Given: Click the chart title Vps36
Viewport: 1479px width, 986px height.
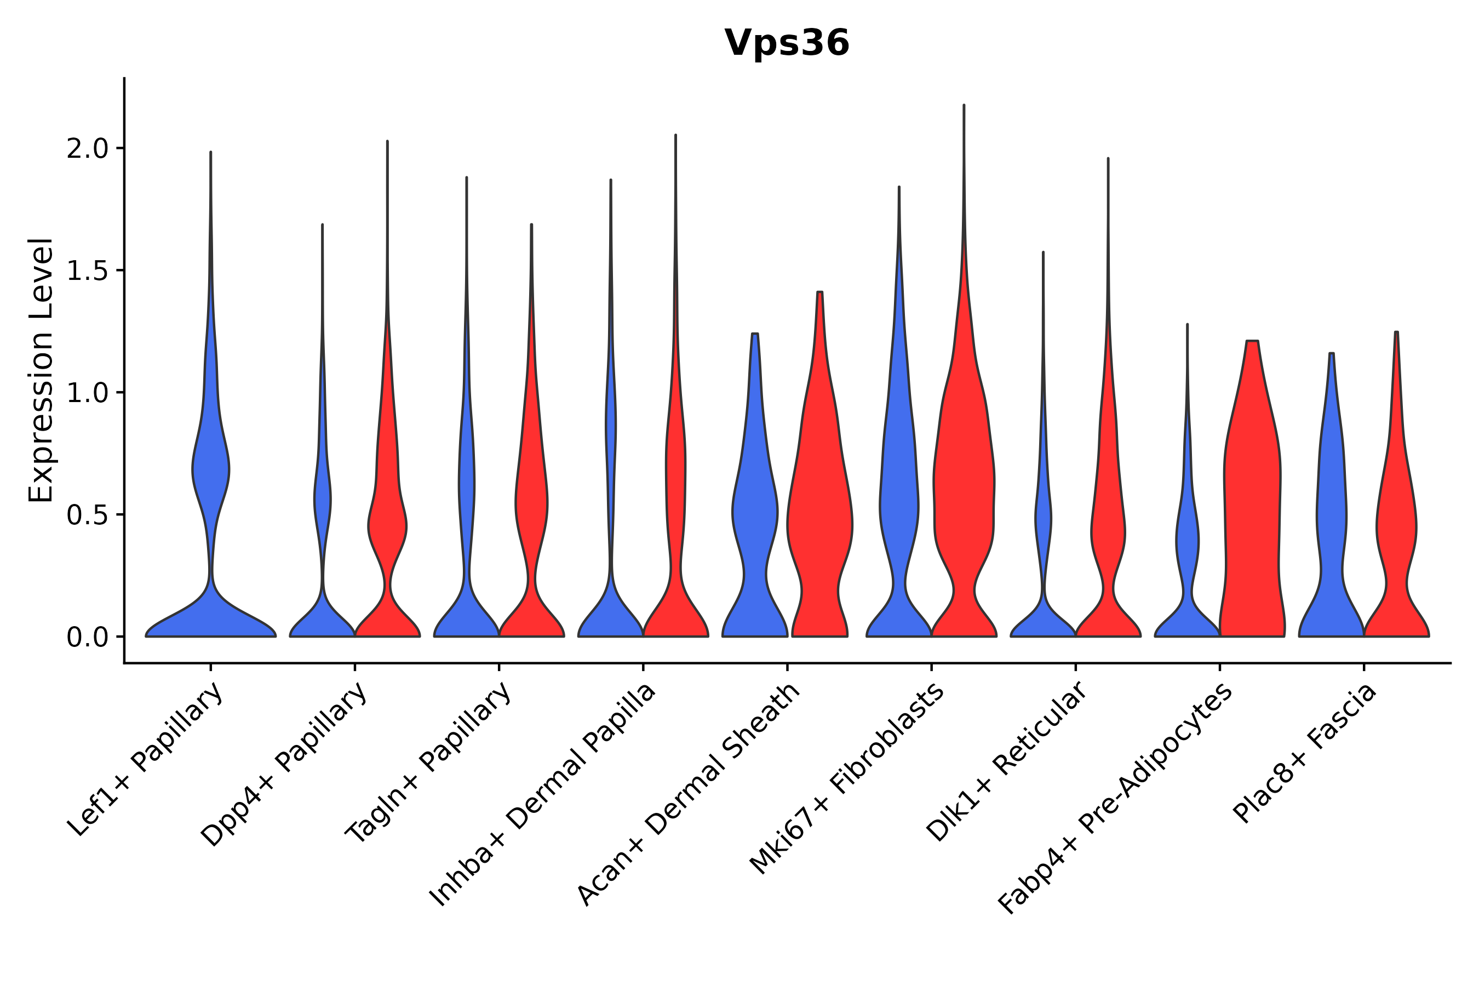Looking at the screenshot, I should [x=787, y=43].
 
